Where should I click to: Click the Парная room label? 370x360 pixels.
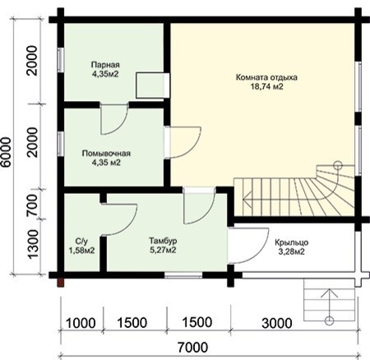[x=105, y=65]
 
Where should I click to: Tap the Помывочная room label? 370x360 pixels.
[x=106, y=153]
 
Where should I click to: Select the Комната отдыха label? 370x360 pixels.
[x=266, y=77]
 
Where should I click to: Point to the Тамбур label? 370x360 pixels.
[x=163, y=241]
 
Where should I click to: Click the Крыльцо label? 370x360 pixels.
[x=292, y=242]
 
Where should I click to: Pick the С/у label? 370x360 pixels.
[x=81, y=242]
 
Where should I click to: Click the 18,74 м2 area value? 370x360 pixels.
[x=266, y=86]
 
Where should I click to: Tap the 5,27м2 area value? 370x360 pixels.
[x=163, y=250]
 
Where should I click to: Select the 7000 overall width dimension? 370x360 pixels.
[x=192, y=348]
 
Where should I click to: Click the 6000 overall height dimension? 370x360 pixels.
[x=6, y=152]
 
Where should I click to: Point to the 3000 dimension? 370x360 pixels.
[x=277, y=323]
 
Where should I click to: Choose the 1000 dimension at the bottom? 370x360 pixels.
[x=81, y=323]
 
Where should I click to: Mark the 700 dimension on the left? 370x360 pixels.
[x=33, y=205]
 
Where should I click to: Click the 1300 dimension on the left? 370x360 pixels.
[x=33, y=244]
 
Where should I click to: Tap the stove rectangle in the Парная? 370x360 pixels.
[x=153, y=85]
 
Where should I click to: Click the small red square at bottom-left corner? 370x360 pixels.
[x=61, y=283]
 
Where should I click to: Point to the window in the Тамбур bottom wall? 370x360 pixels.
[x=183, y=275]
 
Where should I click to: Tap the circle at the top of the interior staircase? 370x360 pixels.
[x=338, y=165]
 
